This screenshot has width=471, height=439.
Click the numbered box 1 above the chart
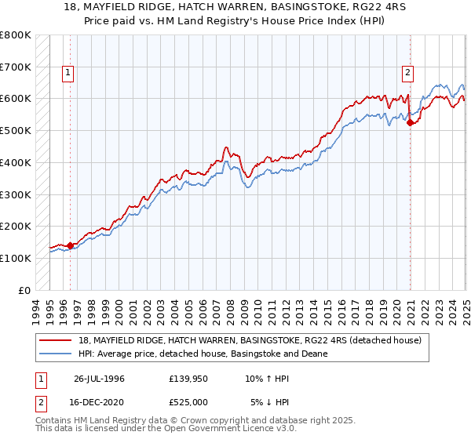(68, 74)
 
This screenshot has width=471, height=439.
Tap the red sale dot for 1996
(71, 245)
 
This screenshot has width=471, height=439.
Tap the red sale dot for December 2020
(411, 122)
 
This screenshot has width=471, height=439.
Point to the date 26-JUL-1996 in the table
(99, 379)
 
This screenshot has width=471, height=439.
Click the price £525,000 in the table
(192, 401)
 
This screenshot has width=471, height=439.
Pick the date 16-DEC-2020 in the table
(99, 401)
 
